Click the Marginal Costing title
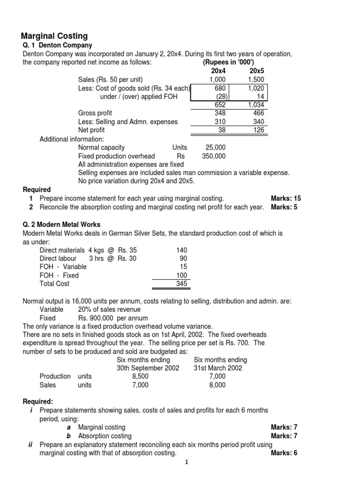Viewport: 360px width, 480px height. [54, 36]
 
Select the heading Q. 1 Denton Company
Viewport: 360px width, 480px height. [58, 45]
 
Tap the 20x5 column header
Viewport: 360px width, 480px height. [258, 71]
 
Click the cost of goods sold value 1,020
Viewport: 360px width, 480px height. [256, 88]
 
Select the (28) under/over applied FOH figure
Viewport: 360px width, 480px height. [219, 96]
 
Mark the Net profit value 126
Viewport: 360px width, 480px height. [259, 130]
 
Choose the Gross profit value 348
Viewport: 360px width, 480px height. [219, 113]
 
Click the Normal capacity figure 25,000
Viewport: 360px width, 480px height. [215, 147]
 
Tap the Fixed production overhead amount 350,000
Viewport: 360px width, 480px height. [213, 156]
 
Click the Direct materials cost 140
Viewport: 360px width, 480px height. [181, 250]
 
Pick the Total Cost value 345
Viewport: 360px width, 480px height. [181, 284]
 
